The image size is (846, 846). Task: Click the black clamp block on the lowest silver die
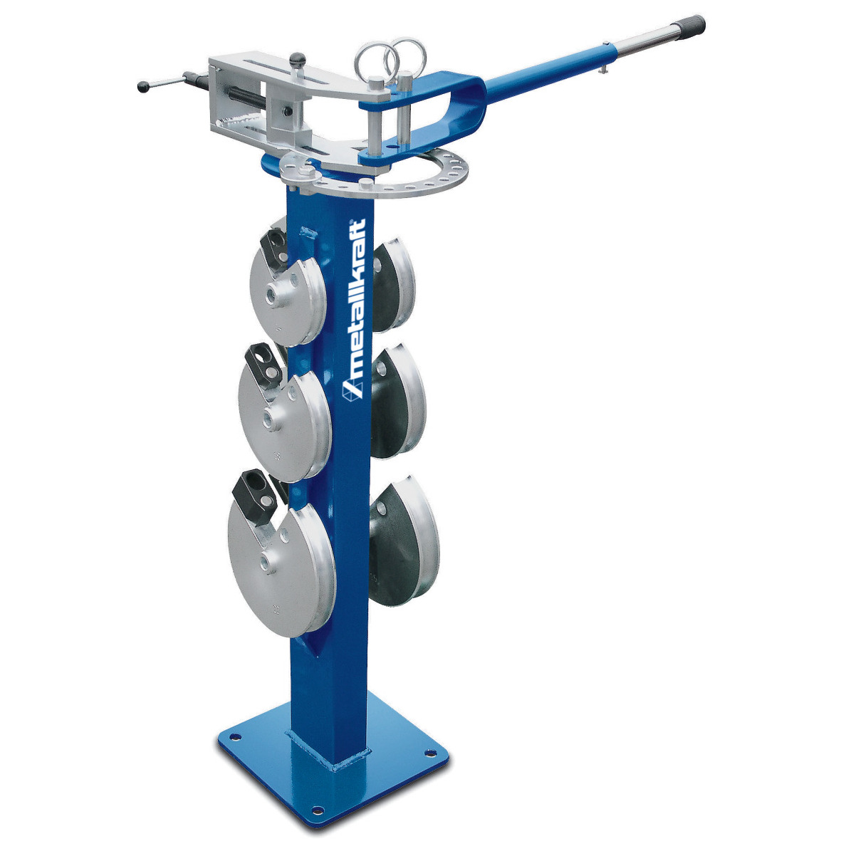(254, 491)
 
